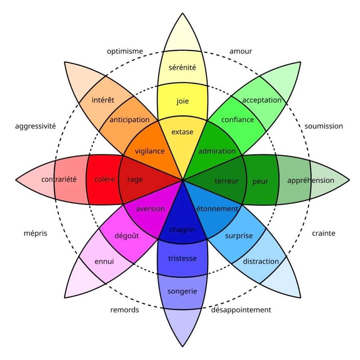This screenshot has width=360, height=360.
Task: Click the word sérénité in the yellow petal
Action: click(x=182, y=67)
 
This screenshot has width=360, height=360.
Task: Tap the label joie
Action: click(x=182, y=101)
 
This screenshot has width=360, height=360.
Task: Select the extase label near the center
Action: click(x=182, y=132)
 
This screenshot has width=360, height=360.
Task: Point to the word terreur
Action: click(x=226, y=181)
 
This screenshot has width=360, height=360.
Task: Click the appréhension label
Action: click(x=311, y=180)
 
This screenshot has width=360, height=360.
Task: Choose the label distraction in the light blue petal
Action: click(x=261, y=261)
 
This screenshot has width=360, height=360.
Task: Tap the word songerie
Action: click(x=182, y=291)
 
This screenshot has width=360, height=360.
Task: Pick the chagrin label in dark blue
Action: click(x=182, y=229)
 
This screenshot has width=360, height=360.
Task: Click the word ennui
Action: click(x=104, y=262)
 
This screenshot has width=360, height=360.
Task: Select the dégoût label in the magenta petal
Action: click(x=127, y=236)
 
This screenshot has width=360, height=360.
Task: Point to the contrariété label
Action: click(x=59, y=179)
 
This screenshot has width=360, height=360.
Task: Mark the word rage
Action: click(x=135, y=180)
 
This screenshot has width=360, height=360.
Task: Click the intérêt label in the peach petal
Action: click(x=103, y=100)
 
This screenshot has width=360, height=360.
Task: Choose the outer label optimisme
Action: click(x=125, y=51)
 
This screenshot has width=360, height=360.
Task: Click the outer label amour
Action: click(x=241, y=51)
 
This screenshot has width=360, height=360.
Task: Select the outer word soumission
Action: click(x=324, y=126)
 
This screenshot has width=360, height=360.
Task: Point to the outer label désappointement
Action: click(x=241, y=310)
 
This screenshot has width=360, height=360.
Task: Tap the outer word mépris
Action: click(x=36, y=233)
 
